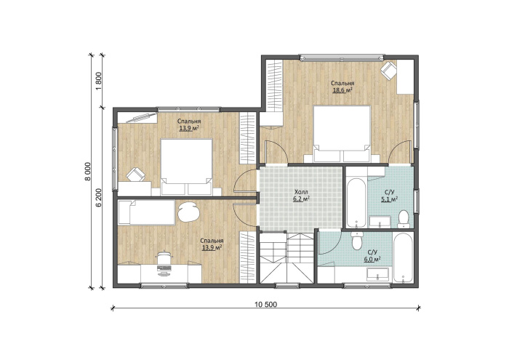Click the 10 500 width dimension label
coord(266,305)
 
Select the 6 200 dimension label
coord(100,197)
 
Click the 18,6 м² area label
coord(342,90)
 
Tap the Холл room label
coord(301,192)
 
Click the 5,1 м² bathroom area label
coord(389,199)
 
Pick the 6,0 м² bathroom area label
coord(372,259)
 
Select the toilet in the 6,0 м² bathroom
coord(357,241)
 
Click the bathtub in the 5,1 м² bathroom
coord(356,203)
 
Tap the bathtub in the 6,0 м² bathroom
coord(403,257)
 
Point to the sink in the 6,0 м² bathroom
coord(377,275)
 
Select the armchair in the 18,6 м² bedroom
coord(388,71)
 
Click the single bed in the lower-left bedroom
coord(146,212)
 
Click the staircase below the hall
coord(287,258)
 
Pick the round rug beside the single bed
coord(188,212)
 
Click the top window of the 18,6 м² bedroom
coord(342,58)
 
